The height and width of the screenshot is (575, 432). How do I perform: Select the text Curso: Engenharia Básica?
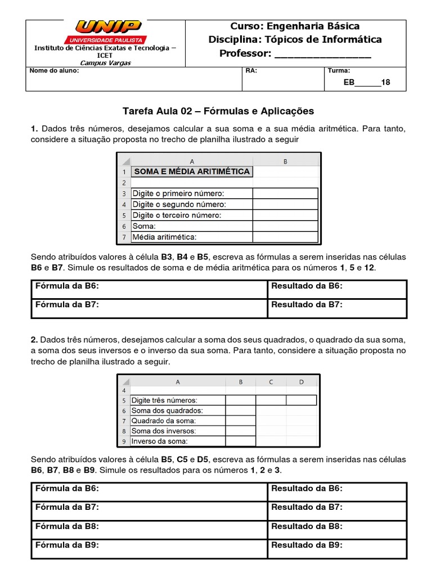click(295, 26)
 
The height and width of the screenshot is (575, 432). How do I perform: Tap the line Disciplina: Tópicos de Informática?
click(295, 39)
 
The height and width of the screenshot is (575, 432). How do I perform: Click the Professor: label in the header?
click(245, 53)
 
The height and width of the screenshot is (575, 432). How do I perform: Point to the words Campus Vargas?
click(105, 63)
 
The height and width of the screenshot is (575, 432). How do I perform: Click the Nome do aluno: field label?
click(54, 71)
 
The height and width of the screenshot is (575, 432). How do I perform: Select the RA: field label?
click(251, 71)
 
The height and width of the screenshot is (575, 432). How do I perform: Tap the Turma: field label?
click(339, 71)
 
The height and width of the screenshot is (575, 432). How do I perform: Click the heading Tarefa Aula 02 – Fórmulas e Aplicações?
click(218, 111)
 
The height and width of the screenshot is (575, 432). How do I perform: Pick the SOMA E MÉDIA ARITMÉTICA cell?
click(191, 171)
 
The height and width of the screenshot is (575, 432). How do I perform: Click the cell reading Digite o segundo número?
click(179, 204)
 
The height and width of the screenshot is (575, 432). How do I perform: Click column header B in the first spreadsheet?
click(285, 161)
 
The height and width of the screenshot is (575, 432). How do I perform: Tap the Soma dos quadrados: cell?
click(166, 410)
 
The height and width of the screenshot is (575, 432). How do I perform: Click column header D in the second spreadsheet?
click(301, 382)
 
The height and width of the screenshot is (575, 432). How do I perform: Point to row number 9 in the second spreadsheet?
click(123, 441)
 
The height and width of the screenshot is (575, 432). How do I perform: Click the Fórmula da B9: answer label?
click(67, 545)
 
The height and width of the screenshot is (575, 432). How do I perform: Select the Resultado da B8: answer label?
click(307, 526)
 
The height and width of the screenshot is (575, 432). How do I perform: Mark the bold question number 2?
click(34, 340)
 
